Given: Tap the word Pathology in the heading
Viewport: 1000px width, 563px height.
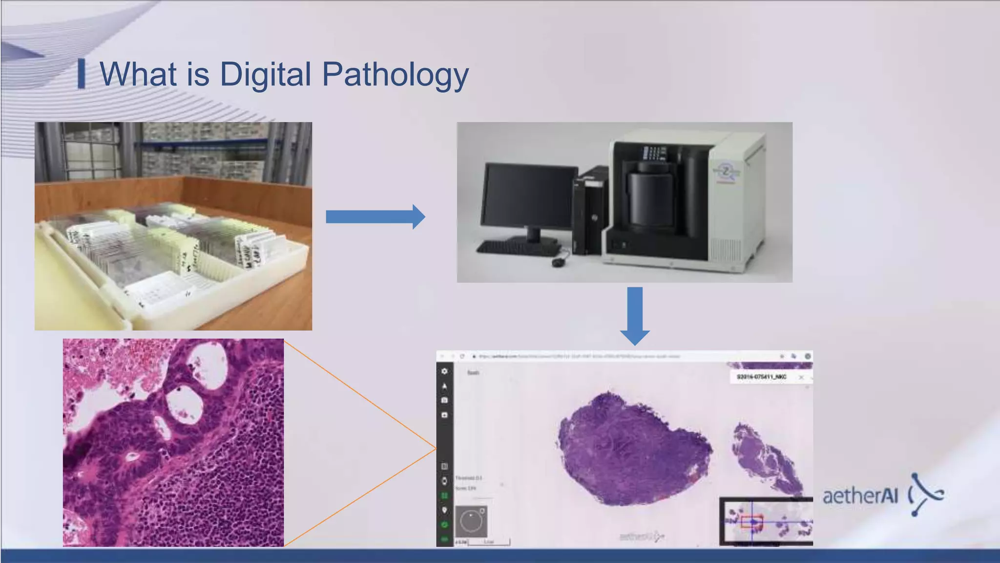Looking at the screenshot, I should click(x=395, y=74).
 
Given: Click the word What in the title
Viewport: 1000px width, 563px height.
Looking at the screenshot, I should click(x=138, y=74).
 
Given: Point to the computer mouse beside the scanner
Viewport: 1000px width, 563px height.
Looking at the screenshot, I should click(x=558, y=262).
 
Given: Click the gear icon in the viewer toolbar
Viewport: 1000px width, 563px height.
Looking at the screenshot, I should click(x=444, y=371).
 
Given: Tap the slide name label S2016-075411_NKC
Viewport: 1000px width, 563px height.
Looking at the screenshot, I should click(x=761, y=377).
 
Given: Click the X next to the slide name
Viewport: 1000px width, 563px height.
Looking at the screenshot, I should click(x=801, y=377).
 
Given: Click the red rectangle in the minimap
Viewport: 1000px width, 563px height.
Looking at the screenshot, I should click(x=751, y=521).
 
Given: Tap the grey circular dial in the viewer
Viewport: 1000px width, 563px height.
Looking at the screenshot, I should click(x=471, y=521).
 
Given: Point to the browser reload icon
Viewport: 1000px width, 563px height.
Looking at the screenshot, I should click(x=462, y=356).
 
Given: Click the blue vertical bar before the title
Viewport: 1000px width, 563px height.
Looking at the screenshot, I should click(x=82, y=74).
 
